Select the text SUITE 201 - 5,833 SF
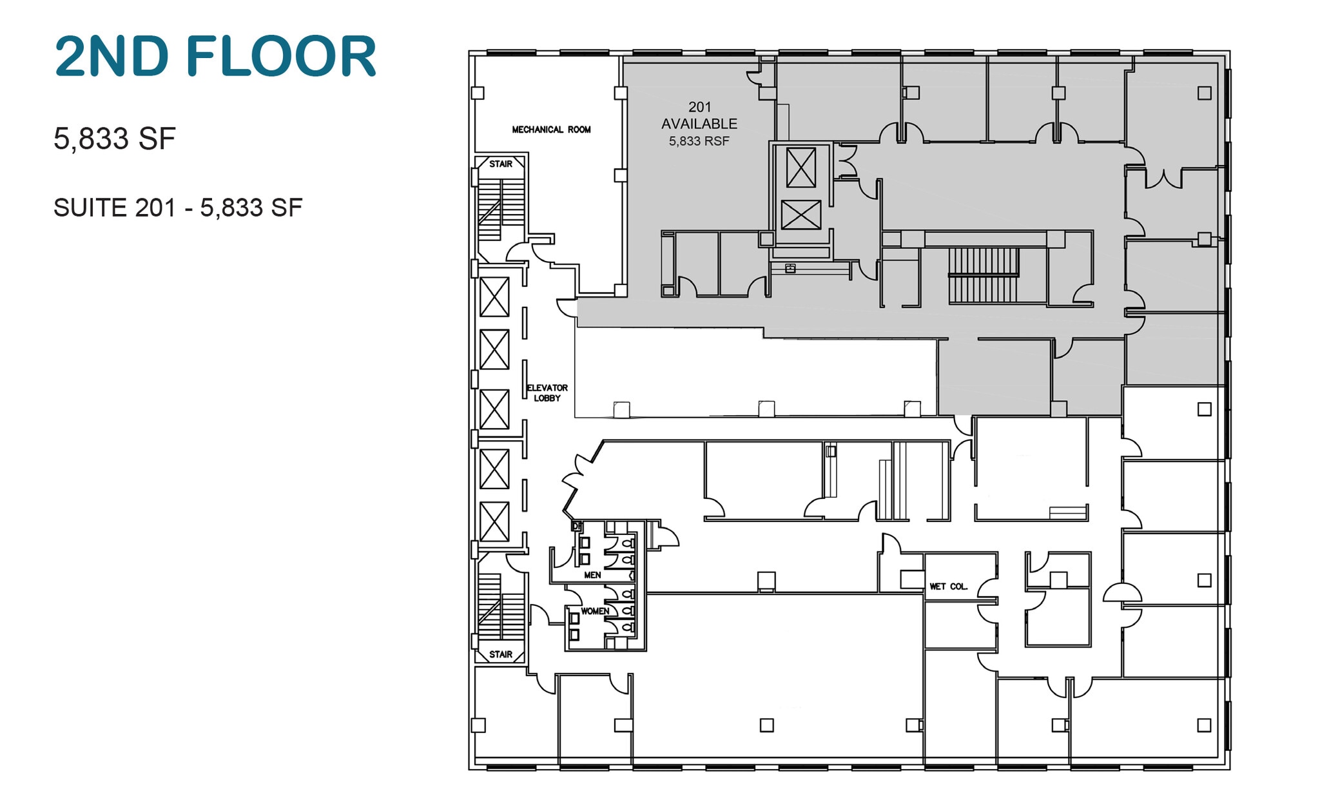[178, 208]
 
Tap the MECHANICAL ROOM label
[551, 130]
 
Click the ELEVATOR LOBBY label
[547, 393]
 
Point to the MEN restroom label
[592, 574]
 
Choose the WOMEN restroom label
[594, 611]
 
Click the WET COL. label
[948, 587]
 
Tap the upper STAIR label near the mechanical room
[501, 164]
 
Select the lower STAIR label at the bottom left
[501, 654]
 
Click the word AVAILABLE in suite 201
[699, 124]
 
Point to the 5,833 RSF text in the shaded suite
[699, 141]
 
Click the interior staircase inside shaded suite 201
[984, 275]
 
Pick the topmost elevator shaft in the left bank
[494, 297]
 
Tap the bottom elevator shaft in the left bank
[494, 521]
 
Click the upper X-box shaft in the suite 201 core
[801, 168]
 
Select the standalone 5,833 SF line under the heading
[115, 139]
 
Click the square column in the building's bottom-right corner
[1204, 725]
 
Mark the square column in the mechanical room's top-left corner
[478, 93]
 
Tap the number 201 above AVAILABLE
[699, 107]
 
